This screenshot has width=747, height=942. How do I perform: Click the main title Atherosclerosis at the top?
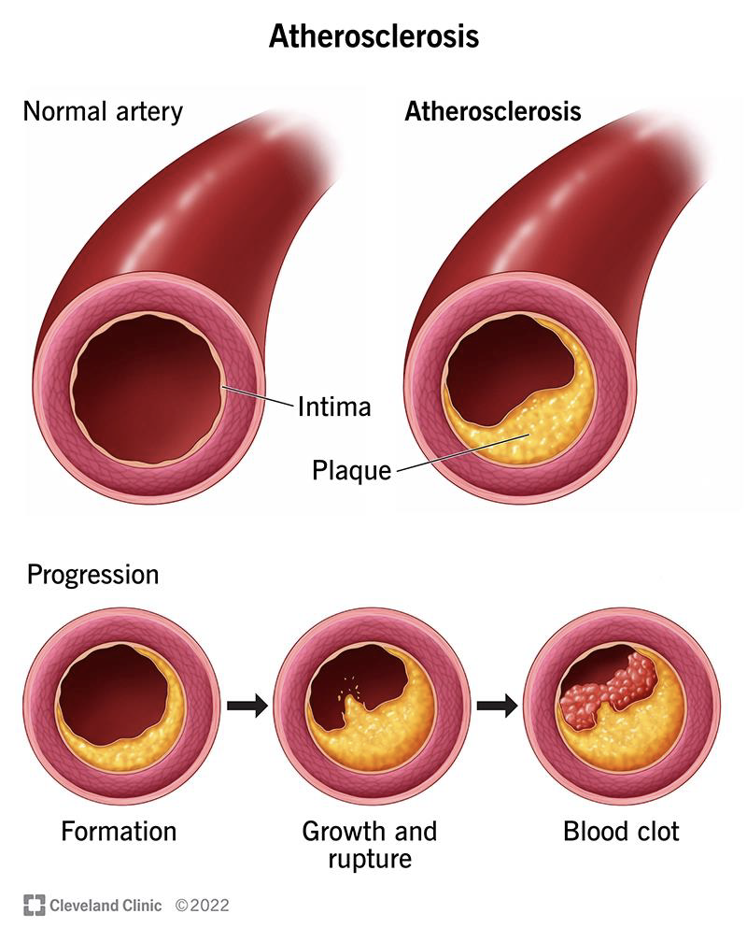(373, 36)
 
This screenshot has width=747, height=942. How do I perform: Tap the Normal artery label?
(103, 112)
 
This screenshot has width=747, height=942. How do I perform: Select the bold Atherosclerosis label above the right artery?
(492, 112)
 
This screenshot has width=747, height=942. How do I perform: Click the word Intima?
(334, 407)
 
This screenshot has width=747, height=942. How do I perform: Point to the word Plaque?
(351, 469)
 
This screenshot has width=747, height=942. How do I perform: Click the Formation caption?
(119, 830)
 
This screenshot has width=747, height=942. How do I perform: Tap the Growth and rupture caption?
(370, 844)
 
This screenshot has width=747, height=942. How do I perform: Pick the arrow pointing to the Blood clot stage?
(497, 704)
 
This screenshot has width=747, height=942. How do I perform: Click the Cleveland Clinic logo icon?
(35, 905)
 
